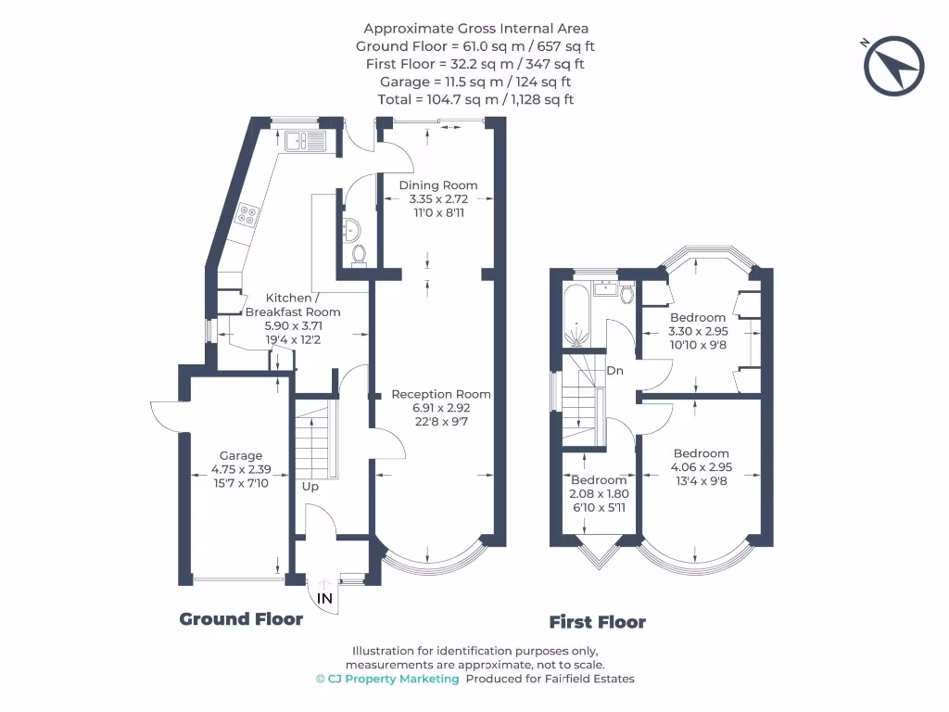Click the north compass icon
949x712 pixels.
click(894, 66)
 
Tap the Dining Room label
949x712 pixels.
click(438, 184)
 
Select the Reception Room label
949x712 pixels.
click(441, 394)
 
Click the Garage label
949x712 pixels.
click(241, 455)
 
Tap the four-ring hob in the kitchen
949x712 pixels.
click(248, 215)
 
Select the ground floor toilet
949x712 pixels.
click(360, 252)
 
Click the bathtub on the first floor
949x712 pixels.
click(576, 316)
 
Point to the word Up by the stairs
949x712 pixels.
click(310, 486)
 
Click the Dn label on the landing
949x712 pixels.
click(614, 371)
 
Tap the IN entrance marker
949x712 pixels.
click(325, 599)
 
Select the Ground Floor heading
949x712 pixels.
click(241, 619)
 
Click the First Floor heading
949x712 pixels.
click(597, 622)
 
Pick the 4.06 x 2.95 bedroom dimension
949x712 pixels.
click(702, 467)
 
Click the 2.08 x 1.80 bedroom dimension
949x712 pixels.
click(598, 494)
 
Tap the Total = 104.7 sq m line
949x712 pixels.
click(475, 99)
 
